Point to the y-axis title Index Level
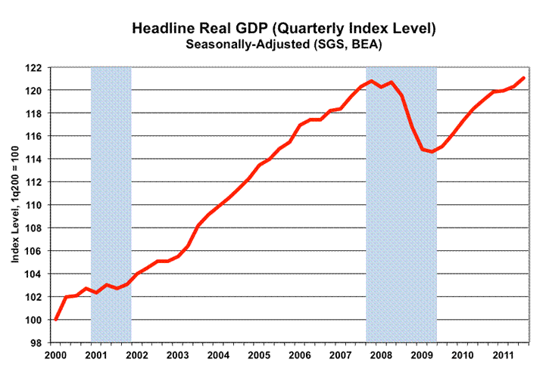[x=15, y=205]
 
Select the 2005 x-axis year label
[x=259, y=355]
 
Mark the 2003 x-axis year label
[x=177, y=355]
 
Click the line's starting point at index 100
[x=56, y=319]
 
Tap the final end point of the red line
[x=523, y=78]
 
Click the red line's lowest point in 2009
[x=432, y=151]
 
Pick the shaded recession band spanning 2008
[x=401, y=227]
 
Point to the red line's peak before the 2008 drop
[x=371, y=81]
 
